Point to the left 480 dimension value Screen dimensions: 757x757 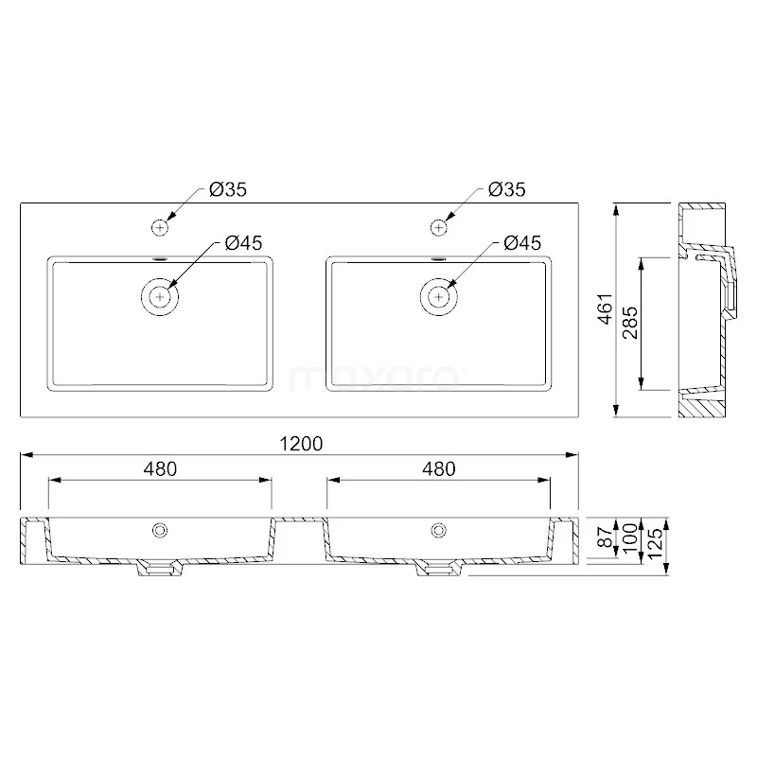point(161,468)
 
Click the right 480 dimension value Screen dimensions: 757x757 point(439,468)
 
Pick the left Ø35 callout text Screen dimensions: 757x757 point(228,190)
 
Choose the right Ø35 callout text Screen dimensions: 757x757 point(506,190)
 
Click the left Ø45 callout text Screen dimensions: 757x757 point(243,243)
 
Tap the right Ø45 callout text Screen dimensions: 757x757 point(521,243)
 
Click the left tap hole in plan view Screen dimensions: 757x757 point(161,227)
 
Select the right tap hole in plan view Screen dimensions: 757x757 point(439,227)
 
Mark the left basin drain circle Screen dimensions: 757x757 point(161,296)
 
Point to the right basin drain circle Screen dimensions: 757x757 point(439,296)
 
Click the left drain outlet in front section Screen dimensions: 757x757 point(161,569)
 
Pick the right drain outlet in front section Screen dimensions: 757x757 point(439,569)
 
